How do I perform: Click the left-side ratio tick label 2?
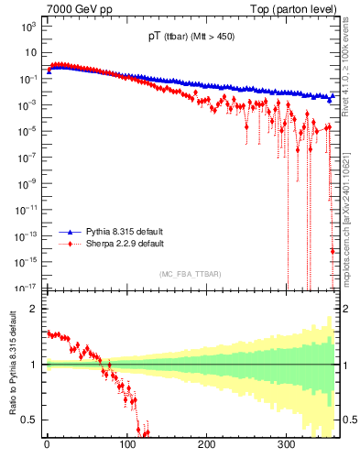(34, 309)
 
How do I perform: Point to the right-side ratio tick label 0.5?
(349, 420)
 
